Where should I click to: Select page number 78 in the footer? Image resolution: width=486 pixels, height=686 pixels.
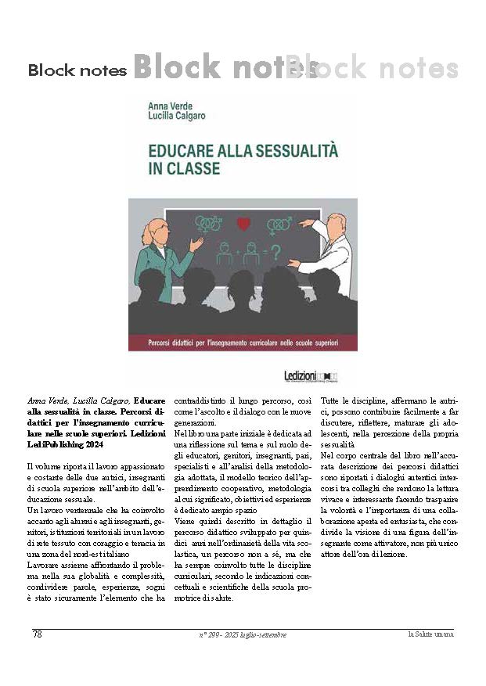pos(37,634)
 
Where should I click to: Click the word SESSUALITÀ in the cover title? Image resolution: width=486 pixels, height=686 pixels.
pos(286,149)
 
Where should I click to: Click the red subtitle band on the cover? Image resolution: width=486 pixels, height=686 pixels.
pos(243,342)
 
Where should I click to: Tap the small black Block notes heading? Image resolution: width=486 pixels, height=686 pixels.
pos(77,71)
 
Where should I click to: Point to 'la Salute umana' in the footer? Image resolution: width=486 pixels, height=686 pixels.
pos(431,634)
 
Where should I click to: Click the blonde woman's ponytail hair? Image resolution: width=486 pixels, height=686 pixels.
pos(146,232)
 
